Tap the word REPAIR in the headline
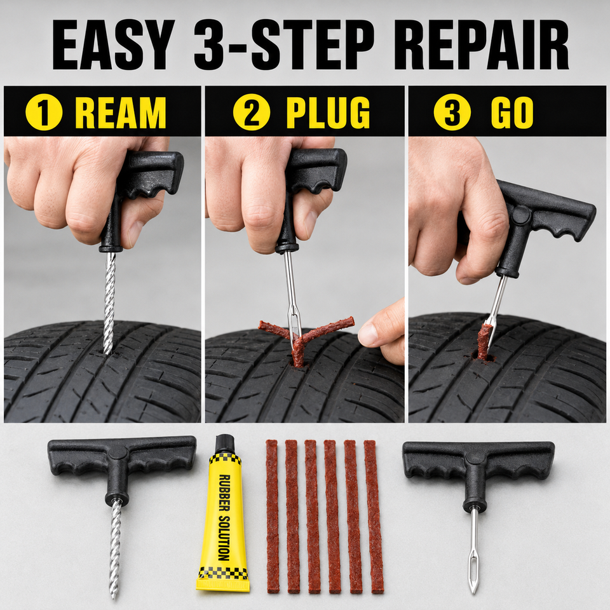point(481,44)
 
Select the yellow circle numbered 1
point(44,112)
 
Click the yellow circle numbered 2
point(252,112)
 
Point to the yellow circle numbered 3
point(452,112)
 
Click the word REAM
point(121,112)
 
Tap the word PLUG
point(328,112)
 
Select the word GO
point(512,112)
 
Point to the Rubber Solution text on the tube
point(224,517)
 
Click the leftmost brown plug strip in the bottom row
point(273,517)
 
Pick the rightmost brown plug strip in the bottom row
point(374,517)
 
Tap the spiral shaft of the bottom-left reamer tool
point(115,548)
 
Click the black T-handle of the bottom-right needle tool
point(478,471)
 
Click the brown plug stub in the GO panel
point(484,342)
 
